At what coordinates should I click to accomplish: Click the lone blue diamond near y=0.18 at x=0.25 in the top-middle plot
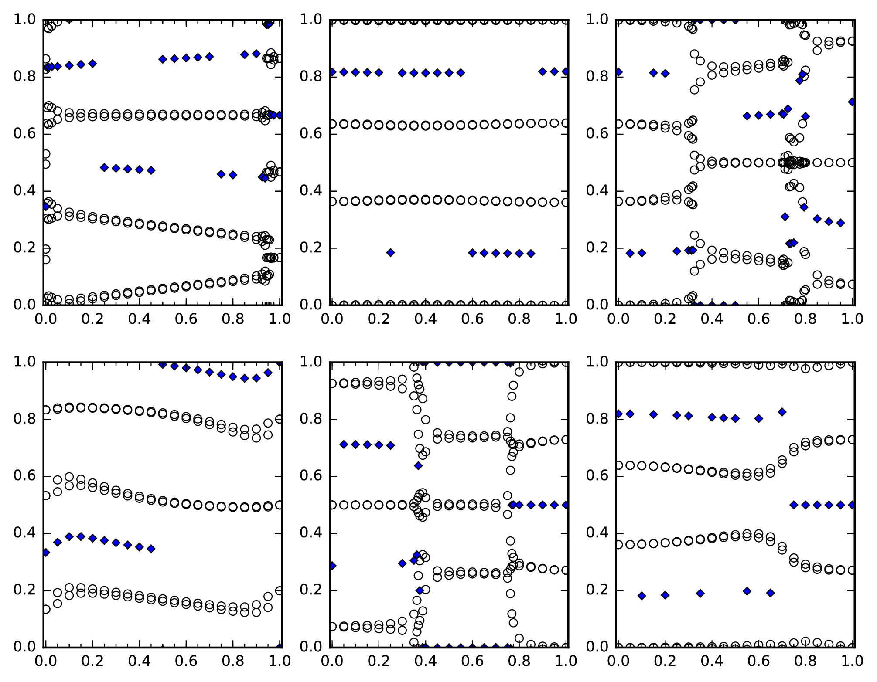coord(391,253)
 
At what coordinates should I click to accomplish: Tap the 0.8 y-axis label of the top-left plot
coord(25,77)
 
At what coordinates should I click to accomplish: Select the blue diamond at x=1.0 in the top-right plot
coord(853,102)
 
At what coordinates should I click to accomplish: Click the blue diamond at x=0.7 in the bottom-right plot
coord(782,412)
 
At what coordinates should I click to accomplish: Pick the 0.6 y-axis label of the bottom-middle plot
coord(311,476)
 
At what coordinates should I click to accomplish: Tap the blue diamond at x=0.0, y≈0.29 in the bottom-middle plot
coord(332,566)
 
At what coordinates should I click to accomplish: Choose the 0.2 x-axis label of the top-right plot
coord(665,319)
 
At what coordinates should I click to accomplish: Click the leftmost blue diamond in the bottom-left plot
coord(46,553)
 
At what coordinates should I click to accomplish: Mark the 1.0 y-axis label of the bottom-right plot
coord(598,362)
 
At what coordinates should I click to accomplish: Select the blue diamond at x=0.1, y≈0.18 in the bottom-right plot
coord(642,596)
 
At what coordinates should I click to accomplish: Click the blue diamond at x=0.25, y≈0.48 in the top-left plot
coord(104,167)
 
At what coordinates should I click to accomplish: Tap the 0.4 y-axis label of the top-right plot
coord(598,191)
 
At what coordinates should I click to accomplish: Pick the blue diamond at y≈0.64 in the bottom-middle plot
coord(418,466)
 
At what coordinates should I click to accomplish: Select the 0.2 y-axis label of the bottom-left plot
coord(25,590)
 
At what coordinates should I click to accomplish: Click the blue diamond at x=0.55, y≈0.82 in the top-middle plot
coord(461,73)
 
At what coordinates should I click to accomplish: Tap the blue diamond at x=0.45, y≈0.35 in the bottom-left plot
coord(151,549)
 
